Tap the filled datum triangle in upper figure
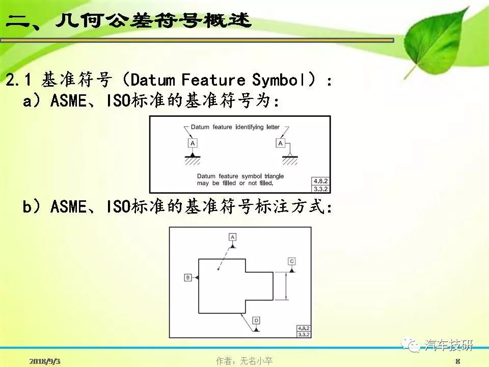coord(193,154)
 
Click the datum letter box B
coord(188,277)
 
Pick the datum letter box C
coord(291,261)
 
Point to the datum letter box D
coord(256,321)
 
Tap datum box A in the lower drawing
coord(232,237)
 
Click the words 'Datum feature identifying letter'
coord(235,127)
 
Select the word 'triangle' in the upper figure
coord(274,176)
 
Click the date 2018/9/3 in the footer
coord(45,361)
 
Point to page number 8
coord(457,361)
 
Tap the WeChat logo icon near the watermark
coord(411,345)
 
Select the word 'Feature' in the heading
coord(213,80)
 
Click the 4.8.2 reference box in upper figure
coord(320,181)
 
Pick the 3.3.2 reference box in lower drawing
coord(304,334)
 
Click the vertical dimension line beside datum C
coord(286,286)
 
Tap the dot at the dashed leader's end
coord(219,269)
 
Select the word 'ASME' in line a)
coord(68,101)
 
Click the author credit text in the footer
coord(244,361)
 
